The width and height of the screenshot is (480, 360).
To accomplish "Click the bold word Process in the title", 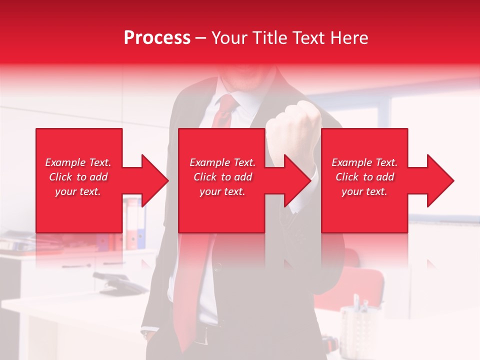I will (x=157, y=38).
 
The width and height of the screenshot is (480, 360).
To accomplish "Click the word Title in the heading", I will (x=270, y=38).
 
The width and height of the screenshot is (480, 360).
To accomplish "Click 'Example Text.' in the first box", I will (x=78, y=162).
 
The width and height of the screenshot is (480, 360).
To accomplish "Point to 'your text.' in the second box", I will (x=222, y=191).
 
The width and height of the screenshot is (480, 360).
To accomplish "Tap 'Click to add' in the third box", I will (x=364, y=177).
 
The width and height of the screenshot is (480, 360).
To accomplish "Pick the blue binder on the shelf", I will (x=141, y=225).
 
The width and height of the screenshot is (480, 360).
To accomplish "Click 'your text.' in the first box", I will (x=78, y=191).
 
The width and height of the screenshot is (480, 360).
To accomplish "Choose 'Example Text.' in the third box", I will (x=364, y=162).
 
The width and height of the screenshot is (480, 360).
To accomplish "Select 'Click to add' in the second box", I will (x=222, y=177).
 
